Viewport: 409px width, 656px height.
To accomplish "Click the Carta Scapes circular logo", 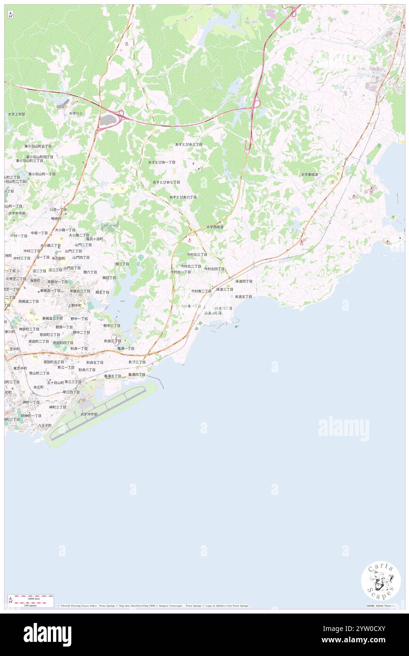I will (x=381, y=581).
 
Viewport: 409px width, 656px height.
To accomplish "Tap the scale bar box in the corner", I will (x=31, y=600).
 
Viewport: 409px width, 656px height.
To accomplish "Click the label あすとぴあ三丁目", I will (x=188, y=144).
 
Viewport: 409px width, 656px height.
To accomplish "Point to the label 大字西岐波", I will (x=214, y=227).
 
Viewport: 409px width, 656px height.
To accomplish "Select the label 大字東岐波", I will (x=310, y=174).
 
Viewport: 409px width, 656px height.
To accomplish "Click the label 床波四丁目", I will (x=244, y=281).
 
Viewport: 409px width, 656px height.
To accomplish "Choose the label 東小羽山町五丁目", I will (x=39, y=146).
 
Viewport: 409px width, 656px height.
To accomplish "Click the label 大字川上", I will (x=76, y=113).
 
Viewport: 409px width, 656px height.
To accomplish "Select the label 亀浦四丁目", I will (x=136, y=374).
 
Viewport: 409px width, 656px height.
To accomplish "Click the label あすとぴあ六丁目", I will (x=183, y=197).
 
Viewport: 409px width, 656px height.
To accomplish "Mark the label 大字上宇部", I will (x=16, y=114).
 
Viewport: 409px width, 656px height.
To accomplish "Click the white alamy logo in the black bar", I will (x=47, y=634).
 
